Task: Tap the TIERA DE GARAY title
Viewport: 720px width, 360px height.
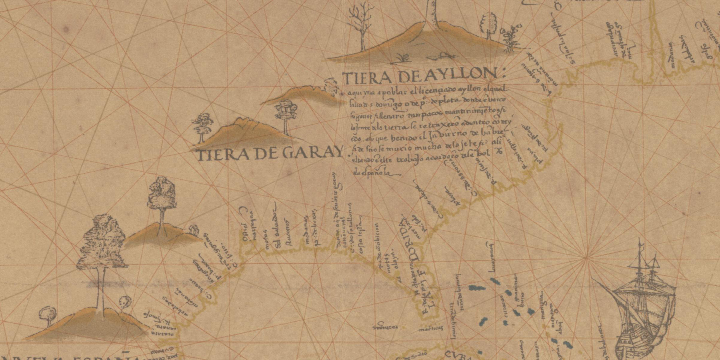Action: point(269,154)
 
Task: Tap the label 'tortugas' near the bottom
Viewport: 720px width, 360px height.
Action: point(385,327)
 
